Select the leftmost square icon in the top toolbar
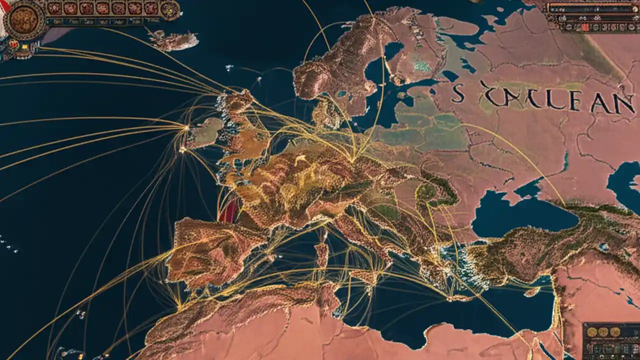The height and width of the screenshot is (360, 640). tap(54, 8)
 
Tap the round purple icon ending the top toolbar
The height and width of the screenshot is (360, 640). tap(170, 9)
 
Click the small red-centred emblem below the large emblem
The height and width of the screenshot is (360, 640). tap(13, 44)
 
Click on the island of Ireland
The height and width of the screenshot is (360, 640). tap(203, 132)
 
